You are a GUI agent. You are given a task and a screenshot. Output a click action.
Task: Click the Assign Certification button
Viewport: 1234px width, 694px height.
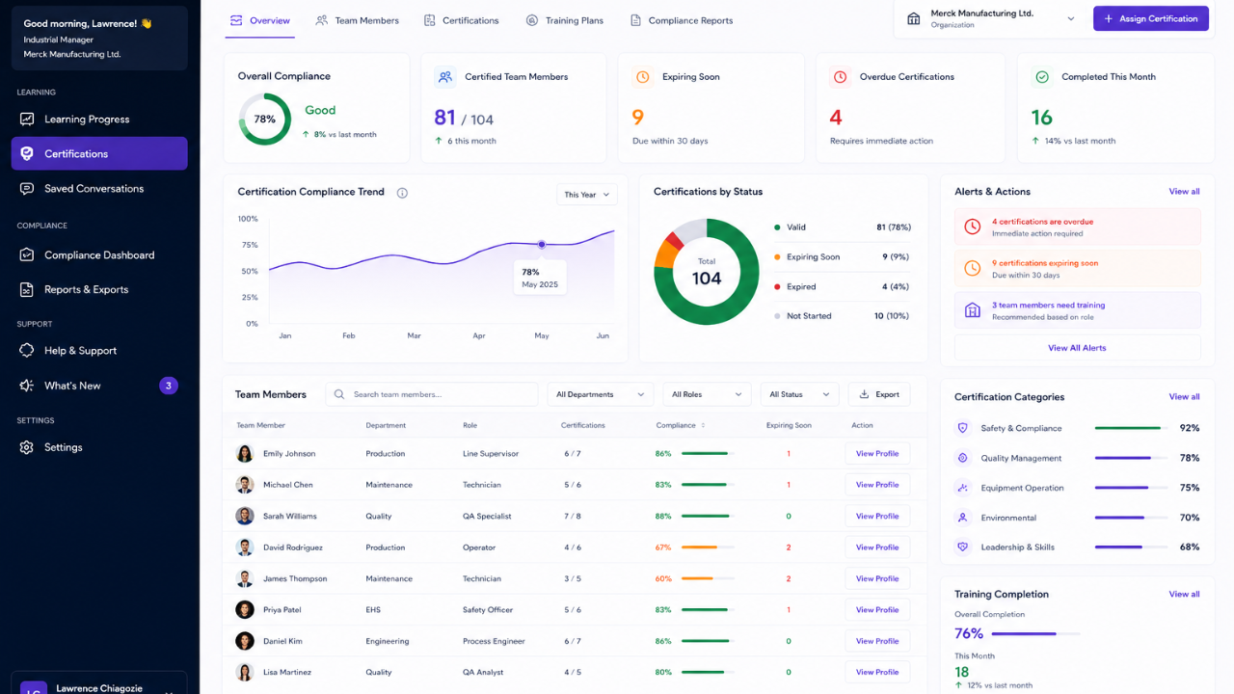[1150, 18]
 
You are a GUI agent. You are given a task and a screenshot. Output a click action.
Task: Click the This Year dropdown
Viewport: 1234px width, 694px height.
[587, 195]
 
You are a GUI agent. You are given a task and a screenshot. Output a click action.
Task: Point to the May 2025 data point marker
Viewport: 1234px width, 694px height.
[542, 244]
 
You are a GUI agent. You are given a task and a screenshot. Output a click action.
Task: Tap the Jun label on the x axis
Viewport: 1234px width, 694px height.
[603, 335]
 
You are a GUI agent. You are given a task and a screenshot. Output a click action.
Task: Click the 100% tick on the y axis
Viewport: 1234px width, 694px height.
[248, 219]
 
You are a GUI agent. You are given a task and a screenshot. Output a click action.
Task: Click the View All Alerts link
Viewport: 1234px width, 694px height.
[1077, 348]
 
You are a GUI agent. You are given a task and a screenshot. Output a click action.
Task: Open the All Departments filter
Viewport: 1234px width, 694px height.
[600, 394]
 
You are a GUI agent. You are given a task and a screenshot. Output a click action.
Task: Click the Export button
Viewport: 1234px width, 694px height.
[879, 394]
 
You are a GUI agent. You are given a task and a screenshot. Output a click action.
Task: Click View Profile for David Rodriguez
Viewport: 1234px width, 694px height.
[877, 547]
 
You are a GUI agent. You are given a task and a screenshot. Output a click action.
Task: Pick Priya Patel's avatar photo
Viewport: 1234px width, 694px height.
[245, 610]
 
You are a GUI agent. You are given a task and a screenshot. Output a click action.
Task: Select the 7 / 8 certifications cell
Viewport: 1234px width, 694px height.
[573, 516]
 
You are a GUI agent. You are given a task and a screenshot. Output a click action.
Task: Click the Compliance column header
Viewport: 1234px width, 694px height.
[676, 425]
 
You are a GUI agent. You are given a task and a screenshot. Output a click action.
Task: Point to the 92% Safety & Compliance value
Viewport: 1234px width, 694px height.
[1190, 428]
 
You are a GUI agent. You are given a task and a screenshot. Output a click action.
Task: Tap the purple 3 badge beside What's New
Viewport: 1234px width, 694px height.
[169, 386]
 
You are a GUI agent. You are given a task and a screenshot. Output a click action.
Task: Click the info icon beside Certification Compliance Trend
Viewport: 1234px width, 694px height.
[402, 193]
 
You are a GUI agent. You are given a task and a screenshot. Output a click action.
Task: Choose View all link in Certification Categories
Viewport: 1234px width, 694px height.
[1184, 396]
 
